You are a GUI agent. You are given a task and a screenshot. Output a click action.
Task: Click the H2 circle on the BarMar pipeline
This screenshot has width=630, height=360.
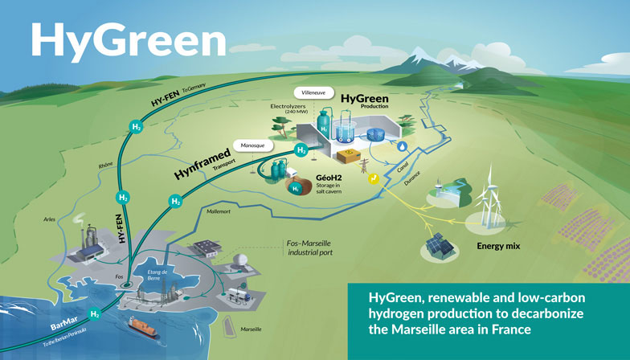[x=95, y=313]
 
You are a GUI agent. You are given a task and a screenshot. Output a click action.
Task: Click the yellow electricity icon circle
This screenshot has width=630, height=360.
[x=372, y=180]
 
